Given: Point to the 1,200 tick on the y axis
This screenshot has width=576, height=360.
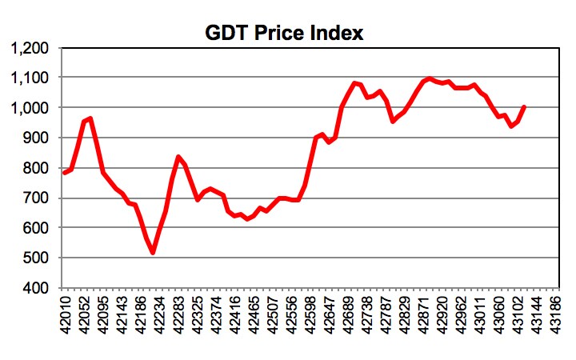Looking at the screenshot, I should click(x=30, y=49).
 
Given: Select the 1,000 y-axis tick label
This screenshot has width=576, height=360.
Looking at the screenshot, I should click(x=30, y=108).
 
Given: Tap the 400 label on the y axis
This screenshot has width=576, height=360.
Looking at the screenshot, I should click(x=37, y=287).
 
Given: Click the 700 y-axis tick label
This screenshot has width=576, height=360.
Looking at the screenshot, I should click(x=37, y=198).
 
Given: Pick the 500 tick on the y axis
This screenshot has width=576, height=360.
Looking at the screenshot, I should click(x=37, y=258).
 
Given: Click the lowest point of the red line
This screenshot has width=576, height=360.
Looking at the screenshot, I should click(x=153, y=253).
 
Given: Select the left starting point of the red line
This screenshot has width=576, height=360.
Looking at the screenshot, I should click(x=64, y=173).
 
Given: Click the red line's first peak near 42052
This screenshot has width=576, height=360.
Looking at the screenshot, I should click(x=90, y=118).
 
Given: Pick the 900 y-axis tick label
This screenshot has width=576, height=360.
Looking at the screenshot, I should click(x=37, y=138).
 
